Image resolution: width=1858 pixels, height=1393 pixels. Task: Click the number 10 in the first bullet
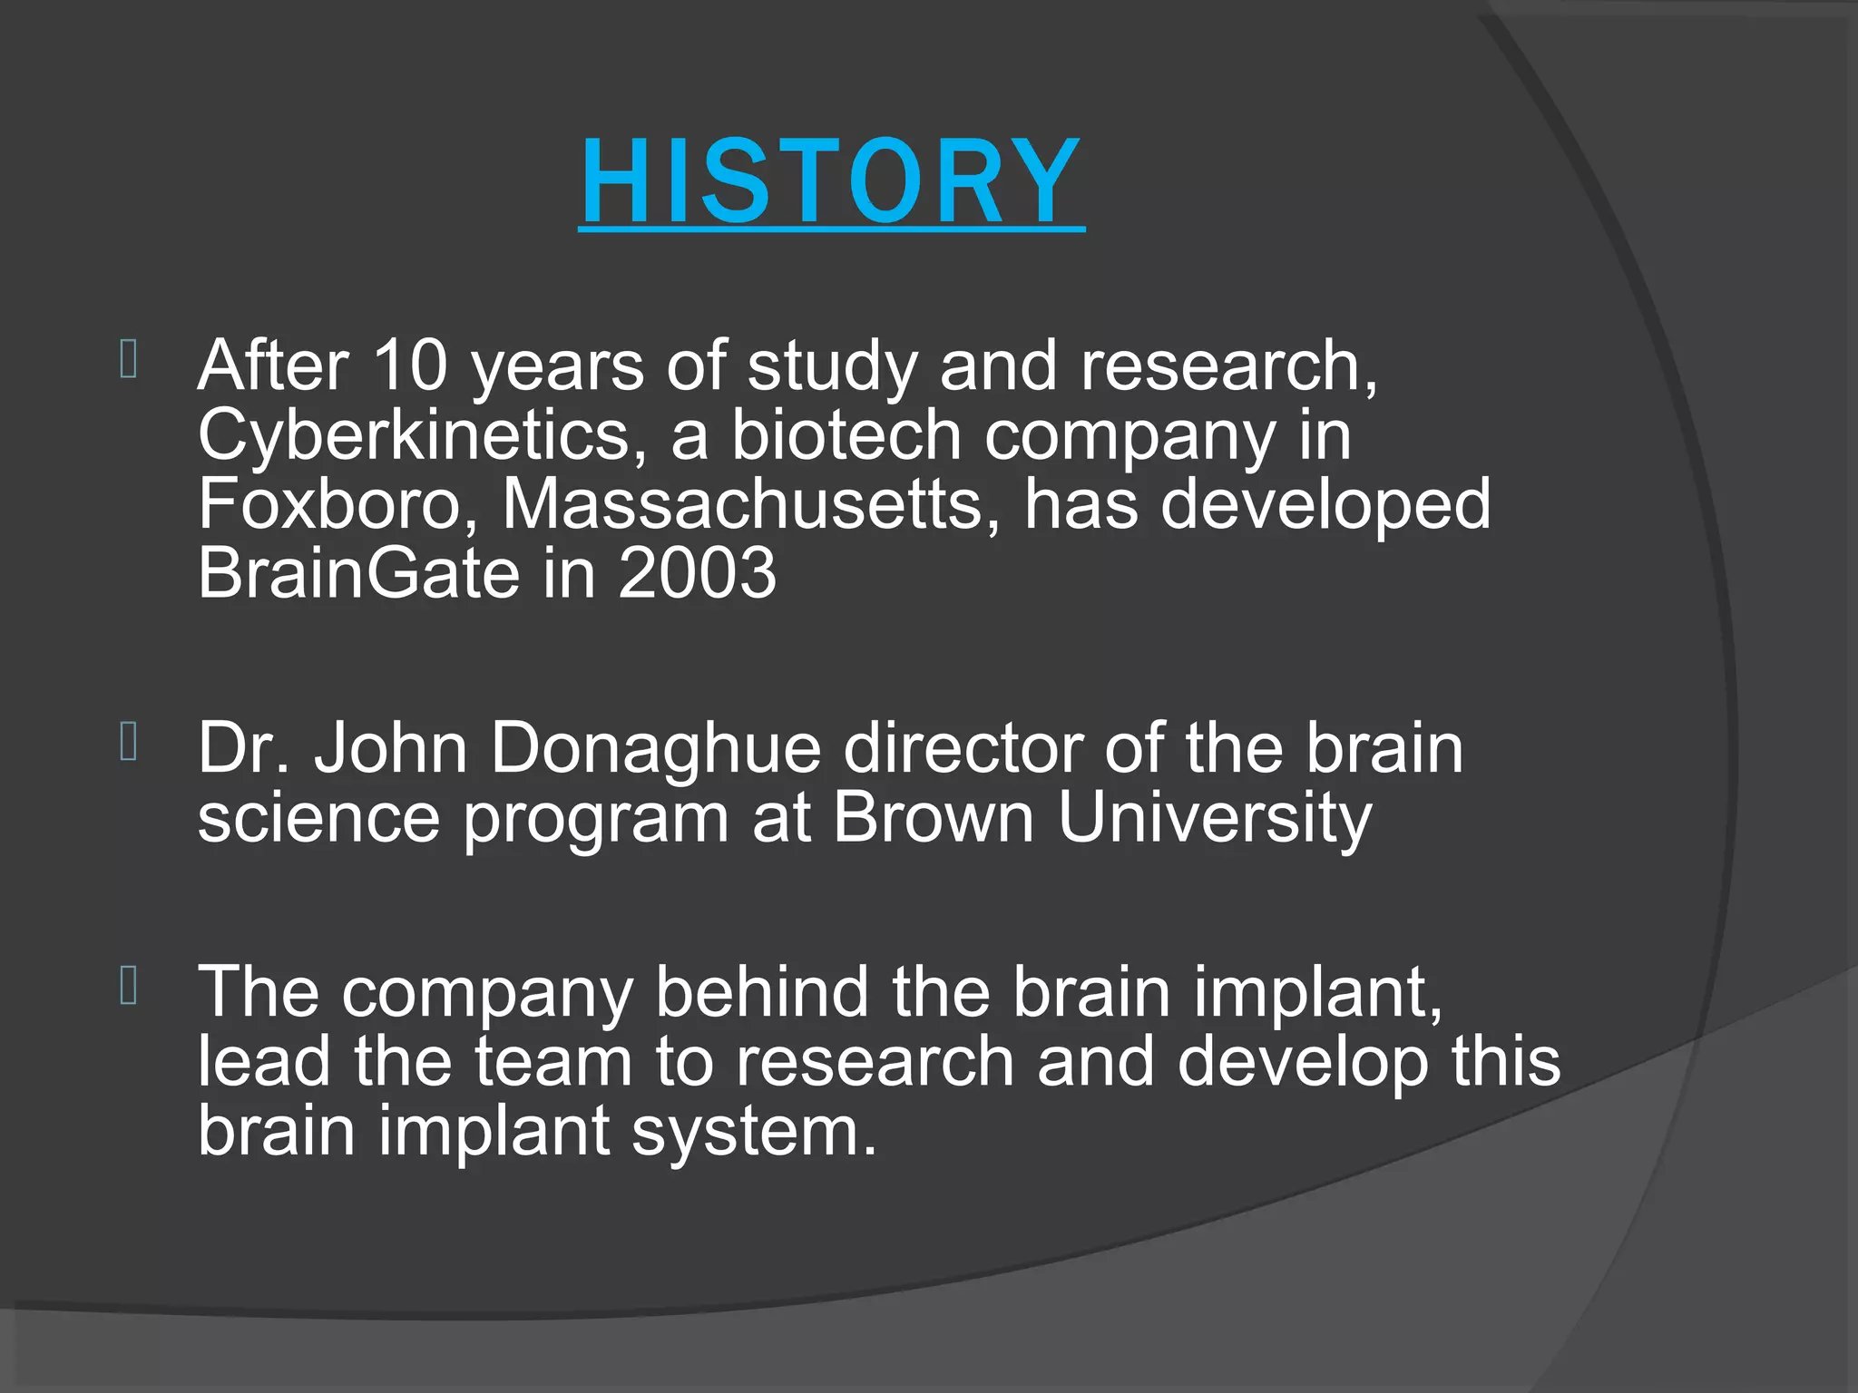coord(410,365)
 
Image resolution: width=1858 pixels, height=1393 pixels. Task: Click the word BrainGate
coord(358,573)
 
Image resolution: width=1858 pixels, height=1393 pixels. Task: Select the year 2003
coord(697,573)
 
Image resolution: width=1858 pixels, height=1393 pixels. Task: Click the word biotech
coord(846,435)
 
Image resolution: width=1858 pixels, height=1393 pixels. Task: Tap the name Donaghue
coord(655,749)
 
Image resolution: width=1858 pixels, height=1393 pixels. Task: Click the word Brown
coord(933,818)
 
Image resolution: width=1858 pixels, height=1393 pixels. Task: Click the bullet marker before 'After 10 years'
coord(129,359)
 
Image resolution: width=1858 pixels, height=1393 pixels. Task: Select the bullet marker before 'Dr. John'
coord(129,742)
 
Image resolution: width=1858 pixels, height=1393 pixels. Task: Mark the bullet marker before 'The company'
coord(129,986)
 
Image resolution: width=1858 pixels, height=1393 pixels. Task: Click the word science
coord(318,818)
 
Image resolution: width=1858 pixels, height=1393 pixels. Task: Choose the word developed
coord(1325,504)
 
